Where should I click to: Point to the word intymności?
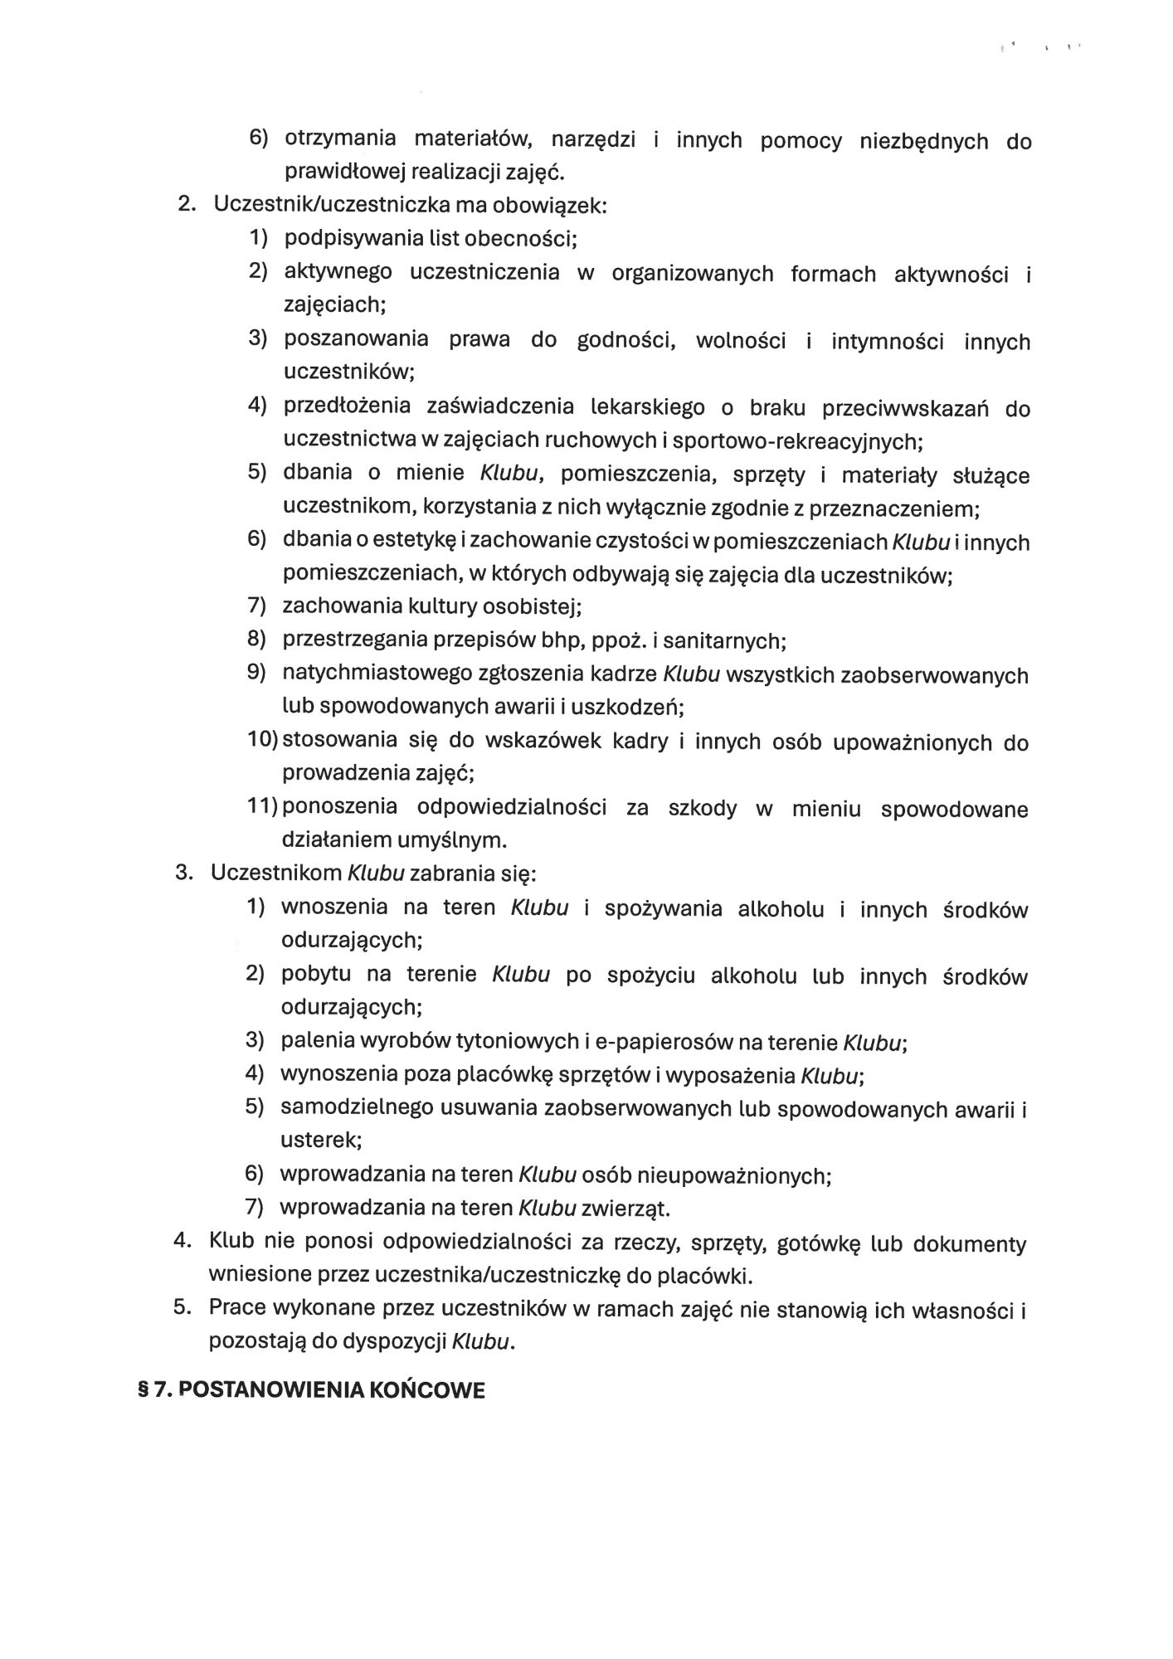(x=887, y=341)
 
